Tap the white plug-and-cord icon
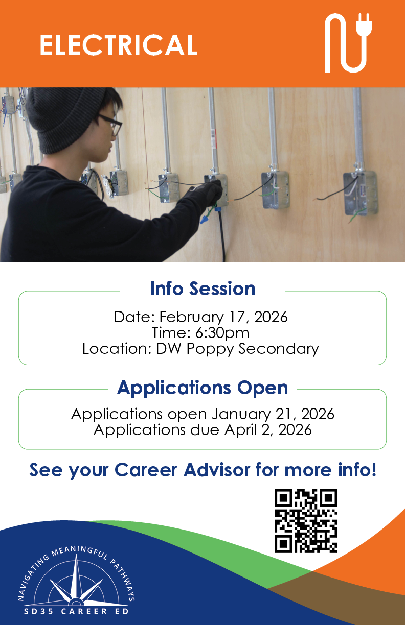[x=348, y=43]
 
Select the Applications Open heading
[x=202, y=388]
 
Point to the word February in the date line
[x=191, y=318]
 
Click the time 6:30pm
[x=222, y=333]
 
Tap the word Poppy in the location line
[x=210, y=349]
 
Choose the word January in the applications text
[x=241, y=414]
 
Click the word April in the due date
[x=240, y=430]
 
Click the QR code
[x=306, y=521]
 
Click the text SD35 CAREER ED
[x=76, y=611]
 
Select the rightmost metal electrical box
[x=361, y=193]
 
